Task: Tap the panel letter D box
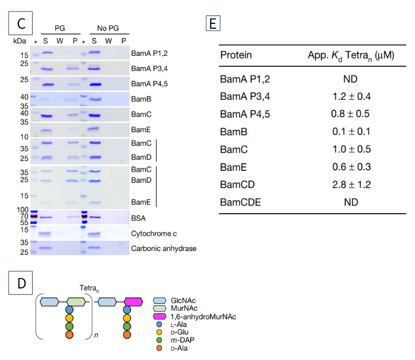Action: click(x=22, y=284)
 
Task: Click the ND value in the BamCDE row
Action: click(x=350, y=202)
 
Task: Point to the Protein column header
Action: click(x=236, y=55)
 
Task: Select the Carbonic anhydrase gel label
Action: click(x=164, y=249)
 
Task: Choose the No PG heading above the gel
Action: click(x=108, y=28)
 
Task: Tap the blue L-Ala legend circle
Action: click(x=160, y=324)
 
